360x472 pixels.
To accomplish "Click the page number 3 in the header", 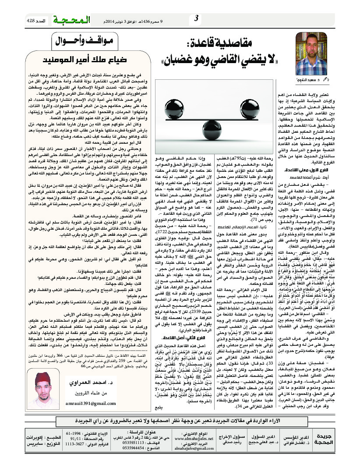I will pyautogui.click(x=197, y=19).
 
